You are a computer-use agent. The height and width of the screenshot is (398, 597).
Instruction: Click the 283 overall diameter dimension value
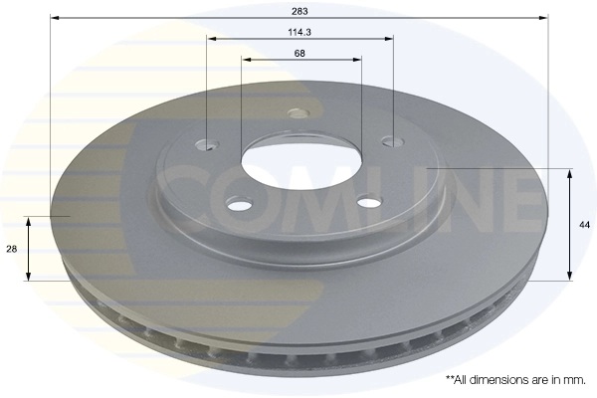(x=299, y=11)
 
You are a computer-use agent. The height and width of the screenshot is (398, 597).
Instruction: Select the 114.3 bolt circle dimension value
(x=299, y=32)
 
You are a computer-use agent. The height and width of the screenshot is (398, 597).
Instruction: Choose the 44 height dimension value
(x=584, y=226)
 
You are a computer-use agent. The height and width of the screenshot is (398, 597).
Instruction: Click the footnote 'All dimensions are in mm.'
(x=515, y=380)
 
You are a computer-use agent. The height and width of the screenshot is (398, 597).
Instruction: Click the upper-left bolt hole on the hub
(x=208, y=145)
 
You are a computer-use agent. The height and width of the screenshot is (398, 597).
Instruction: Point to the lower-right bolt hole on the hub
(x=369, y=204)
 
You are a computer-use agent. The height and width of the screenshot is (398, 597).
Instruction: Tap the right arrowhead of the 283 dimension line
(x=544, y=18)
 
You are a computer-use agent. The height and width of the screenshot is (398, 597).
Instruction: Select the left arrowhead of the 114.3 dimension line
(x=212, y=39)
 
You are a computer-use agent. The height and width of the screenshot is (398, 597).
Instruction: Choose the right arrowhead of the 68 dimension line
(x=356, y=60)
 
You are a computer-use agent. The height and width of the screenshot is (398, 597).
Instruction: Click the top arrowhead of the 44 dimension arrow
(x=569, y=174)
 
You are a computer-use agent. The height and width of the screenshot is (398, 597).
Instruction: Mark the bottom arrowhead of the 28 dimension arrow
(x=29, y=275)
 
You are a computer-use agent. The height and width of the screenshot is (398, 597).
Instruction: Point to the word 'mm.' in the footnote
(x=575, y=380)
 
